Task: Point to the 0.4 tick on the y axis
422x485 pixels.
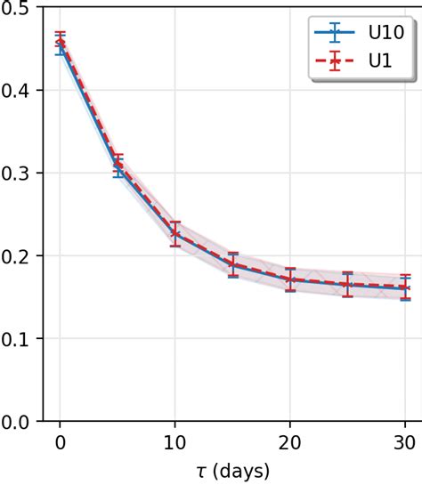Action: (x=19, y=91)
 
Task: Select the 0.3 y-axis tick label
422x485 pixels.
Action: (x=19, y=174)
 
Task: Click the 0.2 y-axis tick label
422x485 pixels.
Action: (x=19, y=256)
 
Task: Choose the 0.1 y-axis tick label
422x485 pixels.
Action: (x=19, y=339)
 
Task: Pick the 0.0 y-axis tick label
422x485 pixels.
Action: (x=19, y=421)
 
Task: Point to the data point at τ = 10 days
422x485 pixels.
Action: (x=175, y=234)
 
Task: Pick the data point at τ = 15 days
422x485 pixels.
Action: (x=232, y=264)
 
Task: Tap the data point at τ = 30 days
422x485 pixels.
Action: (x=405, y=288)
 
